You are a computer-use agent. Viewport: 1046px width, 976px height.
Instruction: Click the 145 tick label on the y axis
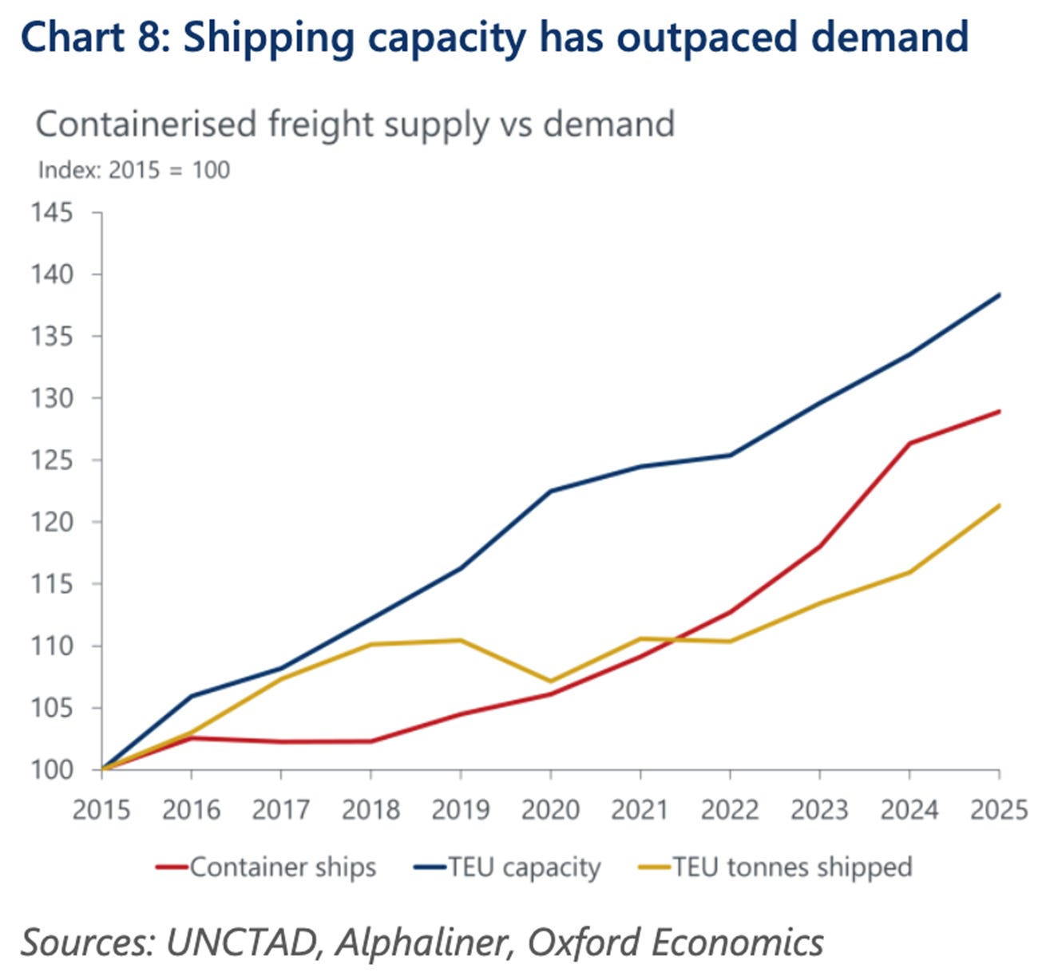(x=52, y=212)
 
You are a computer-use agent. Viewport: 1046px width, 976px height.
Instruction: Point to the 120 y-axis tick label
(x=52, y=522)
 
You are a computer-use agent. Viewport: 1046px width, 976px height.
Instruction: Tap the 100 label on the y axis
(x=52, y=769)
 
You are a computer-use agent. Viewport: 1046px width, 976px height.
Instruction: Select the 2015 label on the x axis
(x=101, y=809)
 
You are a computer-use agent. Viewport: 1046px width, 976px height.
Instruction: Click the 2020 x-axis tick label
(x=550, y=809)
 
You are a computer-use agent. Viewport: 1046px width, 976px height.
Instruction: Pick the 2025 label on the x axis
(x=999, y=809)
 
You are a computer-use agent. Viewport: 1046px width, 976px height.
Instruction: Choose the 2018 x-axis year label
(x=370, y=809)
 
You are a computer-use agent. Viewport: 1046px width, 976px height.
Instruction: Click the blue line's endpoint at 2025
(x=999, y=294)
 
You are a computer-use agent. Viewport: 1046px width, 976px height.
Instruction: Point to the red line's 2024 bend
(x=909, y=443)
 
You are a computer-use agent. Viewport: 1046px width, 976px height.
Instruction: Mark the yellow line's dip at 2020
(x=550, y=681)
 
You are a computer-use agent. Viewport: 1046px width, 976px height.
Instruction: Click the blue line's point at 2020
(x=550, y=491)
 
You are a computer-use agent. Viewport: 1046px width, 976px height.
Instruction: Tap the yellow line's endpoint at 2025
(x=999, y=505)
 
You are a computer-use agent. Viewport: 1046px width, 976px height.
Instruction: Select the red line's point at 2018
(x=370, y=741)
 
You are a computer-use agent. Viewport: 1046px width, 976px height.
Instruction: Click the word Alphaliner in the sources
(x=422, y=942)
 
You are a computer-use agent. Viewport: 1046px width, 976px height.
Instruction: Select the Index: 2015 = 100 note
(x=133, y=170)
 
